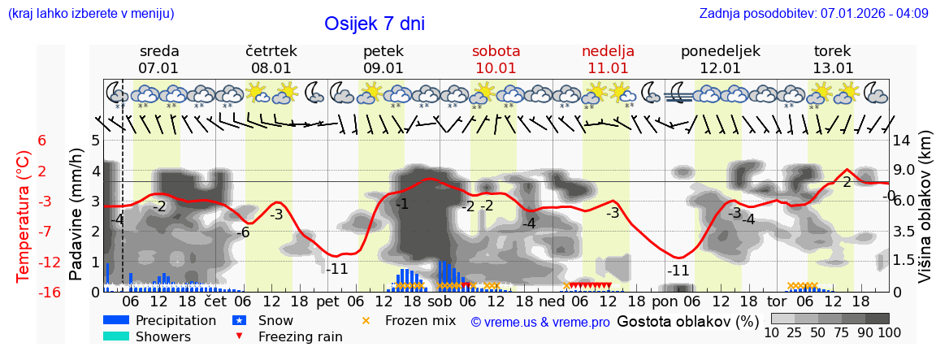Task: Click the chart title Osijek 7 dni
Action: tap(374, 24)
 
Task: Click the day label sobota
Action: tap(496, 51)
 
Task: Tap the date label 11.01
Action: tap(608, 68)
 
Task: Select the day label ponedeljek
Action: tap(720, 51)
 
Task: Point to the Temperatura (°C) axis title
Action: tap(24, 215)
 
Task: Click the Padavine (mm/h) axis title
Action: tap(76, 215)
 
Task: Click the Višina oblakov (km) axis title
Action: tap(925, 215)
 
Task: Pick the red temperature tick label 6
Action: tap(42, 141)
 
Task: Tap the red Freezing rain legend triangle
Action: tap(239, 336)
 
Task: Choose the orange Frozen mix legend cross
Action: tap(366, 320)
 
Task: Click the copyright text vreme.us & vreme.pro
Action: tap(540, 322)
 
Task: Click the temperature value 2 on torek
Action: tap(847, 182)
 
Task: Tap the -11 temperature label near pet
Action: tap(337, 269)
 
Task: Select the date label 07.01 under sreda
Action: tap(158, 68)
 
